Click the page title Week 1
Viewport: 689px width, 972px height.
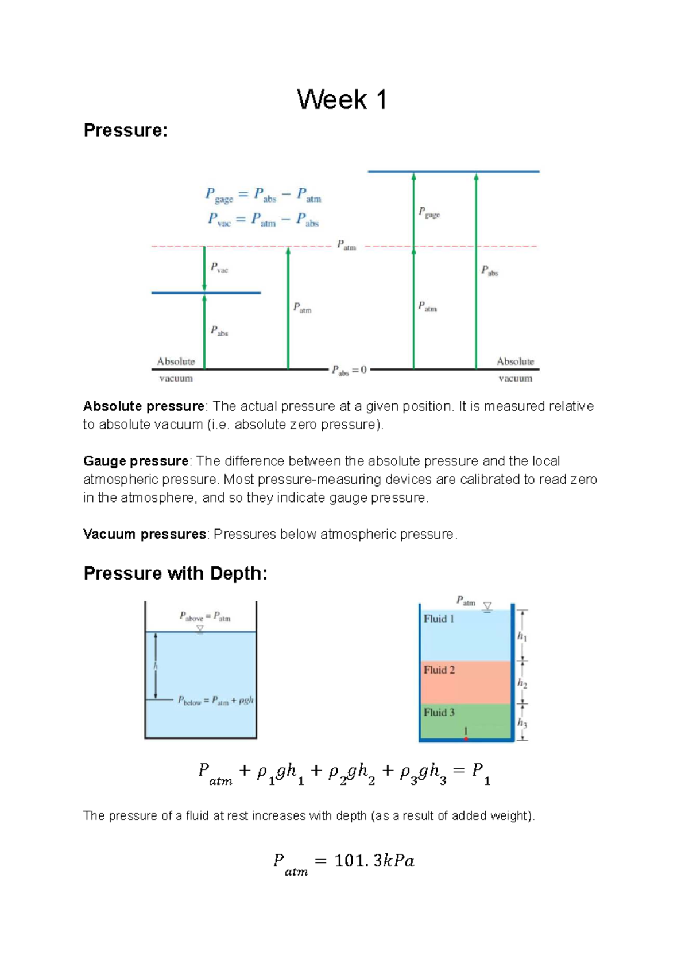pos(342,100)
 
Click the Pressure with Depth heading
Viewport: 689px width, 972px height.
pos(175,573)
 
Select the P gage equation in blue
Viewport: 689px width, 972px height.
pos(263,195)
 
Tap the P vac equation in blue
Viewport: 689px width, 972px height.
pos(263,220)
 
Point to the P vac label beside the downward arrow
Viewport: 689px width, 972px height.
pos(219,267)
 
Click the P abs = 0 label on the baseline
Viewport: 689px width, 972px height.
pos(349,371)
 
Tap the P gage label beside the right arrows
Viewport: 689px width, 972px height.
pos(429,213)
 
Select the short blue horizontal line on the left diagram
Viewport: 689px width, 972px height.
pos(206,293)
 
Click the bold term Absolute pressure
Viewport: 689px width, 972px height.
pos(144,406)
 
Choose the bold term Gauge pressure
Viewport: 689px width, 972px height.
pos(136,461)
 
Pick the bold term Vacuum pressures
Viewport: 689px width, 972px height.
pos(144,534)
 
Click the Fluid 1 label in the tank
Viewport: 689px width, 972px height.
pos(439,619)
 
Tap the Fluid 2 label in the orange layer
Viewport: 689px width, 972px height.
pos(439,670)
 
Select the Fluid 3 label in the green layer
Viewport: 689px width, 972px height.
pos(439,712)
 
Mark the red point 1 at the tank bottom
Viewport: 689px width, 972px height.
pos(466,738)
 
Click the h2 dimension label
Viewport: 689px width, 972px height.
pos(522,683)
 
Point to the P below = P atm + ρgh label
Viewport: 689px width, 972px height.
pos(215,701)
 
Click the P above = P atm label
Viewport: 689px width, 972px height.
pos(205,617)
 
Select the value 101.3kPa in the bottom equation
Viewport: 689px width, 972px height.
pos(374,861)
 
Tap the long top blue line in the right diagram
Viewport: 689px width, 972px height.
pos(454,172)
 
